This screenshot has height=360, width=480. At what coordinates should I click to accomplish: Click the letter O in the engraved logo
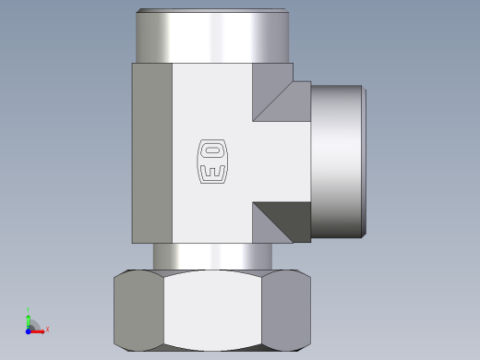tap(212, 150)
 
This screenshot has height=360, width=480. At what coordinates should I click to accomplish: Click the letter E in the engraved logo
tap(212, 172)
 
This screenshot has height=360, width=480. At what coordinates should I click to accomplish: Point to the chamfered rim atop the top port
tap(212, 10)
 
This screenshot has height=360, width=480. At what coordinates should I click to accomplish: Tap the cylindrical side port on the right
tap(336, 162)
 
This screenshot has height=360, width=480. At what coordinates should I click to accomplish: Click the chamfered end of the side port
tap(364, 162)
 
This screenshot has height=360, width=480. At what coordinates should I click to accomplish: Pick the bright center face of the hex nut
tap(212, 310)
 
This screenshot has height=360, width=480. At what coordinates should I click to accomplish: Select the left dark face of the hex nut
tap(138, 310)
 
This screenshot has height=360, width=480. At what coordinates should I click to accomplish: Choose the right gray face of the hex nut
tap(286, 310)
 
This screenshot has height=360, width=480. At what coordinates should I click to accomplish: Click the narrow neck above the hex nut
tap(212, 257)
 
